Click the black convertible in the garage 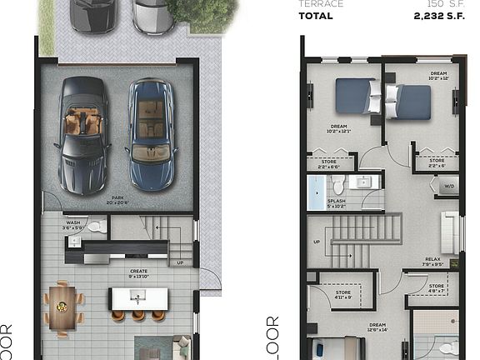click(83, 133)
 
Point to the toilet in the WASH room click(96, 226)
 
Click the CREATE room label click(138, 271)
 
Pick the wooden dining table click(62, 305)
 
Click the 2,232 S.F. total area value click(439, 16)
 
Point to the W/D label click(448, 187)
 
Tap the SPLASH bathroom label click(337, 201)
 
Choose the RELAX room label click(432, 259)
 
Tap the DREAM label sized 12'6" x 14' click(376, 327)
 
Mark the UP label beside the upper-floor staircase click(316, 242)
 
